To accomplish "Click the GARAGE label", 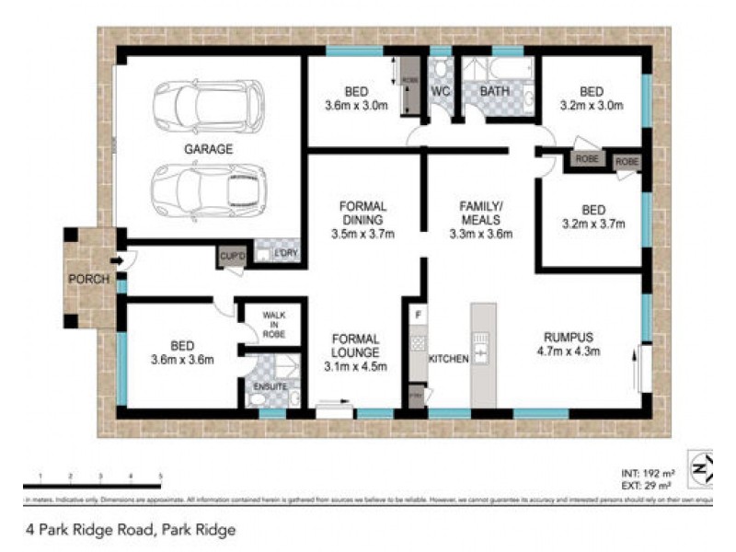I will [x=207, y=148].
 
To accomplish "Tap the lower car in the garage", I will [x=209, y=189].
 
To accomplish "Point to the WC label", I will [x=440, y=92].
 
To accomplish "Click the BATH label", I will [x=494, y=92].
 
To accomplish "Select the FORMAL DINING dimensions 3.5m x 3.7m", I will [x=362, y=234].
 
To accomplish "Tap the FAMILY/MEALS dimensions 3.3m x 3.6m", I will [x=479, y=234].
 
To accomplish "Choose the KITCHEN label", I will [x=449, y=358].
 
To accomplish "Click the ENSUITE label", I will [x=270, y=386].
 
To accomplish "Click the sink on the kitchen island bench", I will [x=483, y=349].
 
